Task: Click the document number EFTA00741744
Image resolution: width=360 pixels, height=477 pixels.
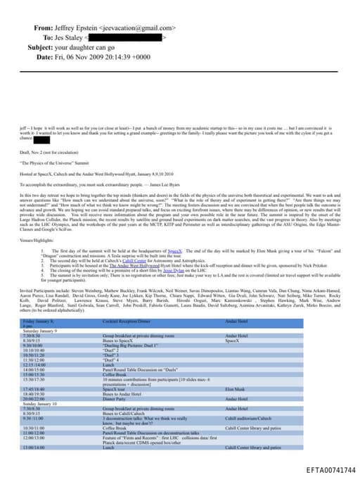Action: (331, 469)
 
